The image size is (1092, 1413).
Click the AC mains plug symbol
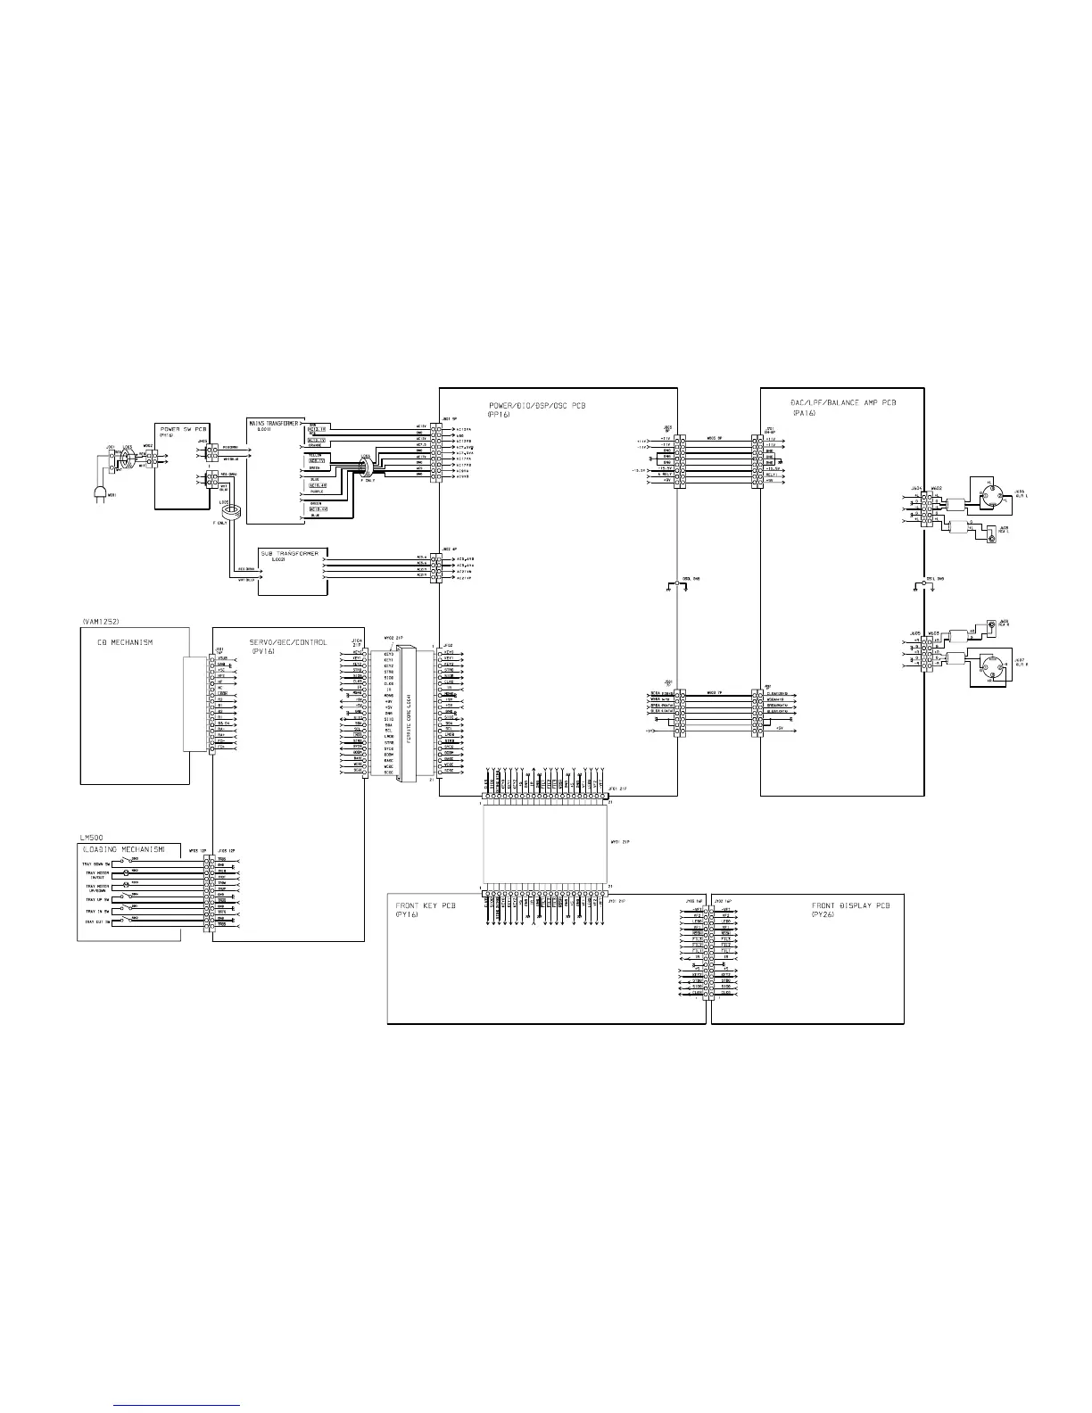[x=101, y=494]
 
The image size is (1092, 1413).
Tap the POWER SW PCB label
[x=184, y=429]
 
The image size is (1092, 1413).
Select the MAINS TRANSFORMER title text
[x=273, y=423]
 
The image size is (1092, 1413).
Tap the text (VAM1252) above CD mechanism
[x=99, y=620]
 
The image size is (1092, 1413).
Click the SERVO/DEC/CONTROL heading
[x=288, y=642]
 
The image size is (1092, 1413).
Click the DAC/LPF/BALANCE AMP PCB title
[x=843, y=403]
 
